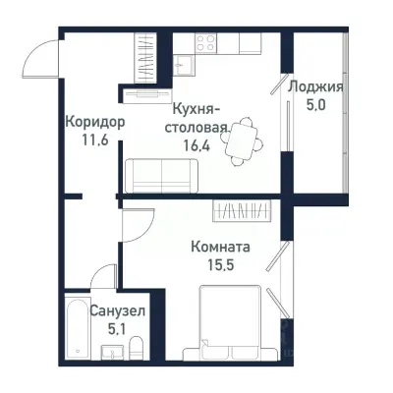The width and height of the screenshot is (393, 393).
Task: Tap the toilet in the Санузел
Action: pos(137,347)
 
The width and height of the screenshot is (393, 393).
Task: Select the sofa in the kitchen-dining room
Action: pos(161,176)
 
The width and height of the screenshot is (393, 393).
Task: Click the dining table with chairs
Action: pos(241,141)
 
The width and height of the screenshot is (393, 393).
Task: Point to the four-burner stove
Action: pos(205,42)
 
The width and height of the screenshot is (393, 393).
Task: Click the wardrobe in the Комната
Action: pos(246,209)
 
